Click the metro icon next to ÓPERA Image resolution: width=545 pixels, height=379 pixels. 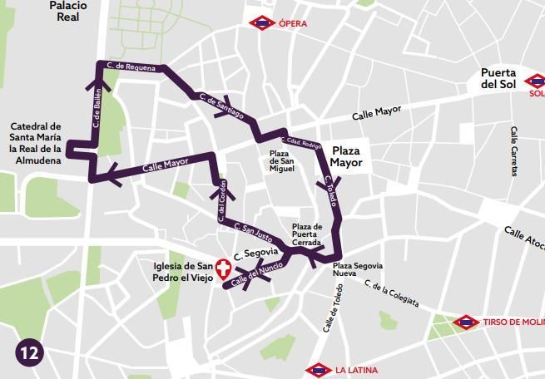[263, 23]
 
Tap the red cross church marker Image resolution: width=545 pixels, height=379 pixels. [222, 268]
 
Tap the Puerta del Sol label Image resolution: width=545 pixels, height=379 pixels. [498, 78]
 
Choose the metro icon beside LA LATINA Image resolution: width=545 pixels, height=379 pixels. [319, 369]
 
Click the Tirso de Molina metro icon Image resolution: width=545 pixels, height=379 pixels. [467, 322]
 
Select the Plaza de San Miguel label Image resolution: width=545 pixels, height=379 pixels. [282, 161]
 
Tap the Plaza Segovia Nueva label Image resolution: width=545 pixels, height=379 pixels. [357, 270]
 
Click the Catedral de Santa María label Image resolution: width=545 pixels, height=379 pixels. [35, 143]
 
